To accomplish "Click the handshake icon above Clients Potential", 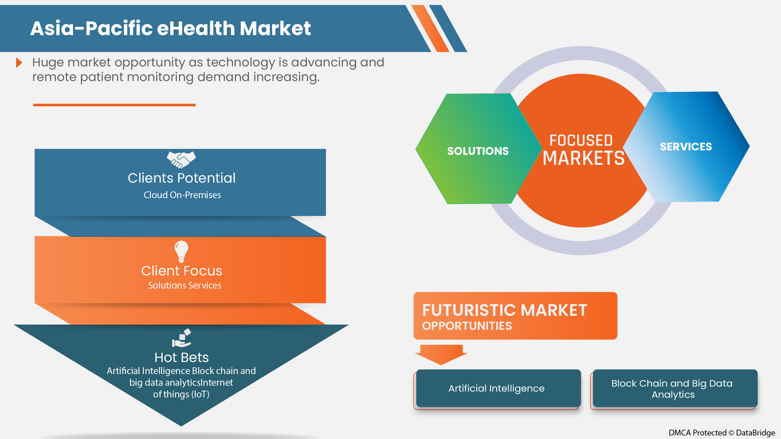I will [x=181, y=160].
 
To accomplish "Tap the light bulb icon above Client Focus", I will [x=181, y=251].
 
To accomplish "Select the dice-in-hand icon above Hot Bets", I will [x=182, y=338].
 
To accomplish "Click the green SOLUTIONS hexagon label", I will [x=478, y=151].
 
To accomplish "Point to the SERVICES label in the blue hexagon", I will [x=686, y=147].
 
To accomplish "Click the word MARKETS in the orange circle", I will [x=583, y=158].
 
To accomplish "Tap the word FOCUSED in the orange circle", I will [x=581, y=140].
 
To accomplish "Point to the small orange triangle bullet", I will [x=19, y=63].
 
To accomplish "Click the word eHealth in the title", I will [x=196, y=28].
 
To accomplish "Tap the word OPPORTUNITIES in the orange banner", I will [x=467, y=326].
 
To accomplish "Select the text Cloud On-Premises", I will [x=182, y=195].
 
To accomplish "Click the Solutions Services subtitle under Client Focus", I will [x=185, y=285].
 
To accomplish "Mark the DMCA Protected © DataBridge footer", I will [x=722, y=432].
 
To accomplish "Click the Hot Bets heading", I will [x=181, y=358].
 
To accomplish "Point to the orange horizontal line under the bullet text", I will [x=114, y=105].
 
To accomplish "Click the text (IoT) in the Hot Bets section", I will [x=200, y=394].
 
